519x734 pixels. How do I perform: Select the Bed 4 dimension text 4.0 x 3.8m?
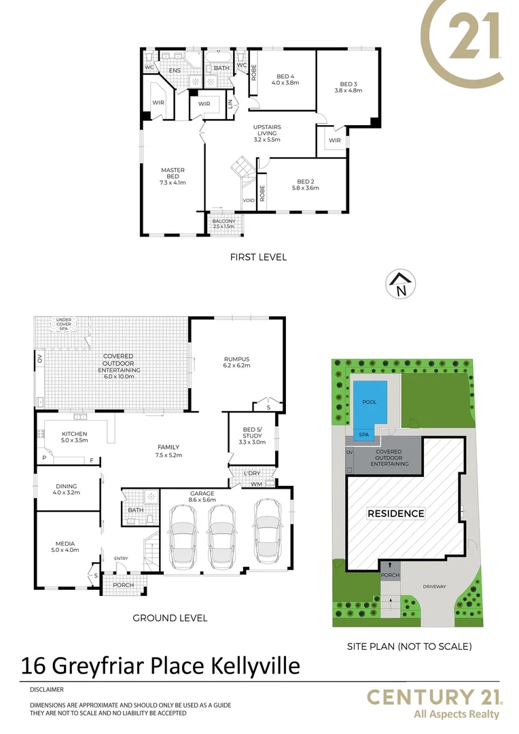click(x=285, y=83)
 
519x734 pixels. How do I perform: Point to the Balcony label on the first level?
click(x=223, y=222)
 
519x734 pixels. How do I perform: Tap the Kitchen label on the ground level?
click(x=75, y=434)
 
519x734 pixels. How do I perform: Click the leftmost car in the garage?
click(x=181, y=537)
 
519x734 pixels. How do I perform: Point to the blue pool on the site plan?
click(x=370, y=403)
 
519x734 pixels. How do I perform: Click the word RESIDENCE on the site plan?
click(x=396, y=514)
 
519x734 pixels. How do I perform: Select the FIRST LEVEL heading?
click(x=258, y=257)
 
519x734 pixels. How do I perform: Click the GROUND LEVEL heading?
click(x=170, y=618)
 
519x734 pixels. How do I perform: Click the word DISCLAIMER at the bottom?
click(x=46, y=689)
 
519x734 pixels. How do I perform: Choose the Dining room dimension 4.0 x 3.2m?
click(x=66, y=493)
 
